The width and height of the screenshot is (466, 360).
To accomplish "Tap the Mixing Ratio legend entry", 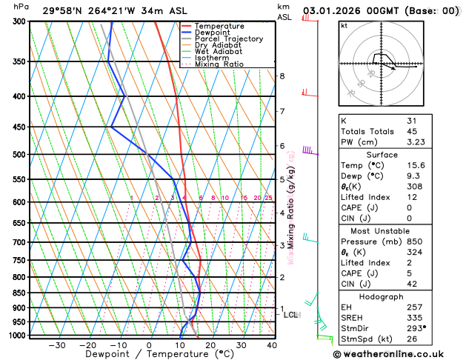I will pyautogui.click(x=222, y=64).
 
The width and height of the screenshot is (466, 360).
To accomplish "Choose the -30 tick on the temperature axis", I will pyautogui.click(x=56, y=345).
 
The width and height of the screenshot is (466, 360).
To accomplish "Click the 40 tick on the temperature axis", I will pyautogui.click(x=273, y=345).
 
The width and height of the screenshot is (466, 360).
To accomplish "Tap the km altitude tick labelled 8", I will pyautogui.click(x=282, y=76).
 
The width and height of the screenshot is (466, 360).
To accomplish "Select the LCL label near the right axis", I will pyautogui.click(x=291, y=315).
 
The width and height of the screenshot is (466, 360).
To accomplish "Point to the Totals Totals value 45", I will pyautogui.click(x=412, y=131).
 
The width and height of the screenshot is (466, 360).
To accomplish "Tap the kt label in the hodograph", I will pyautogui.click(x=344, y=25).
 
